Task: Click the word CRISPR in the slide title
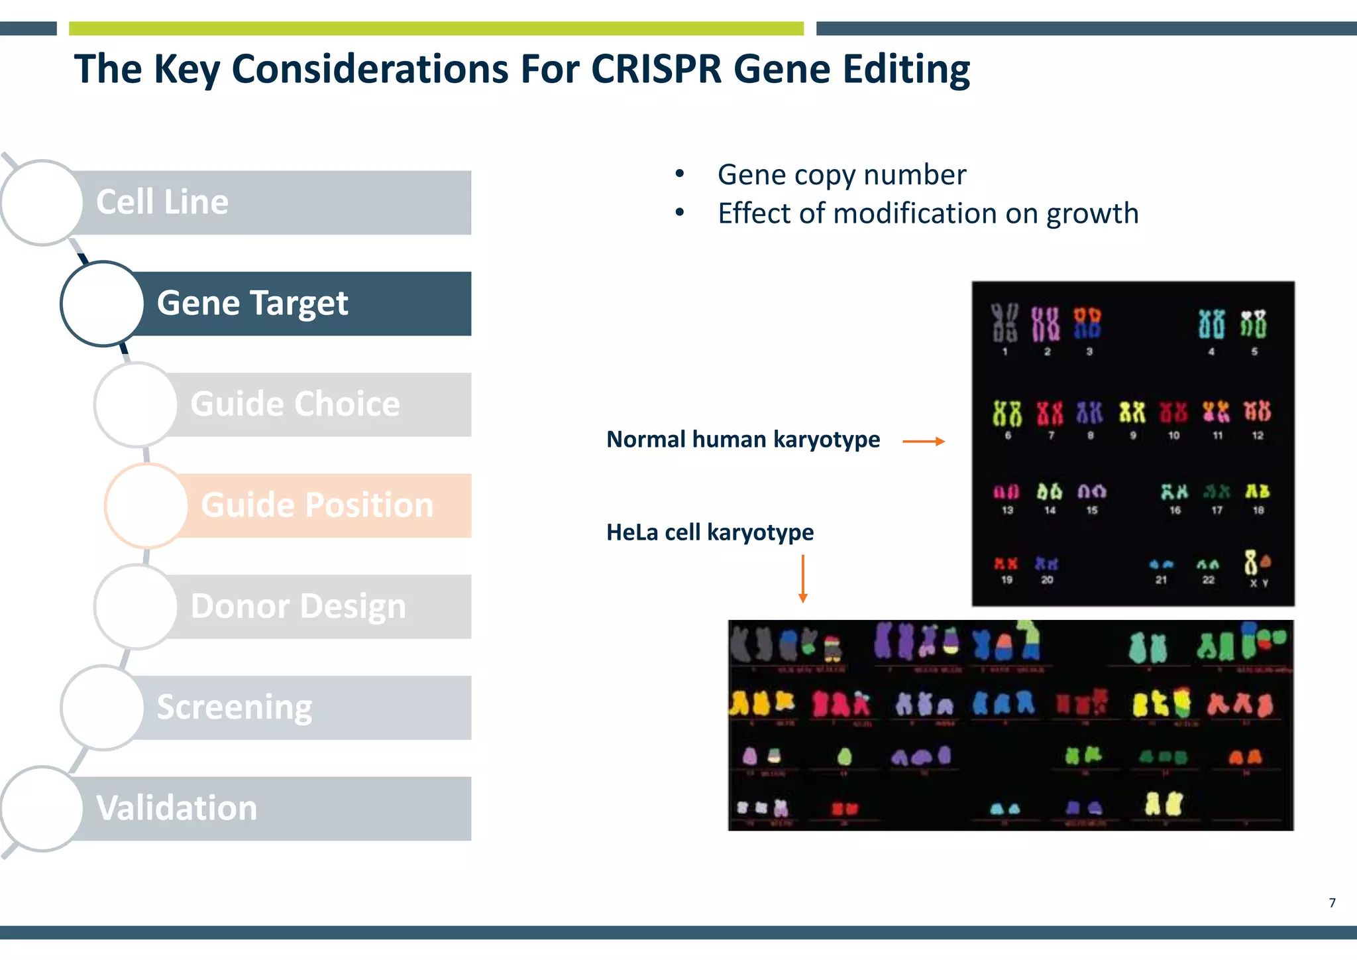pos(655,69)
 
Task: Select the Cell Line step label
pos(162,202)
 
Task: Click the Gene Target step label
pos(252,303)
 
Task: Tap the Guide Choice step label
pos(295,404)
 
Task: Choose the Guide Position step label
pos(317,505)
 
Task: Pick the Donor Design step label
pos(298,606)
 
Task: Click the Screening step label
pos(234,707)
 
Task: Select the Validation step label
pos(176,808)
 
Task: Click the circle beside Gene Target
pos(103,304)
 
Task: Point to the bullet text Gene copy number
pos(841,175)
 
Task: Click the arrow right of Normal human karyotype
pos(924,441)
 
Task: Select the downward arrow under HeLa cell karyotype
pos(803,578)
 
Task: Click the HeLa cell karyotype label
pos(710,532)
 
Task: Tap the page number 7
pos(1332,902)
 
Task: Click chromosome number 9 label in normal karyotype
pos(1133,436)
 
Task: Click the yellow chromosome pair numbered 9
pos(1132,412)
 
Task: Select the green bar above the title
pos(436,29)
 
